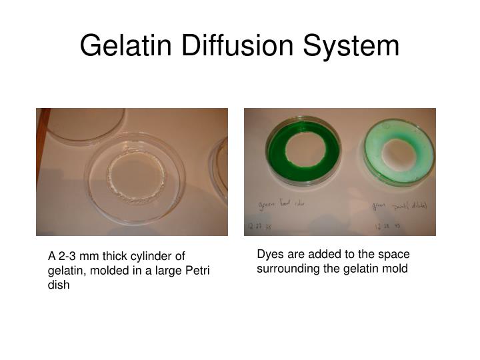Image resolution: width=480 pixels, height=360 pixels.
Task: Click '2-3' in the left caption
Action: point(67,256)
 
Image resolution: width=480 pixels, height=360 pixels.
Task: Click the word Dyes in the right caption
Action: point(269,255)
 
